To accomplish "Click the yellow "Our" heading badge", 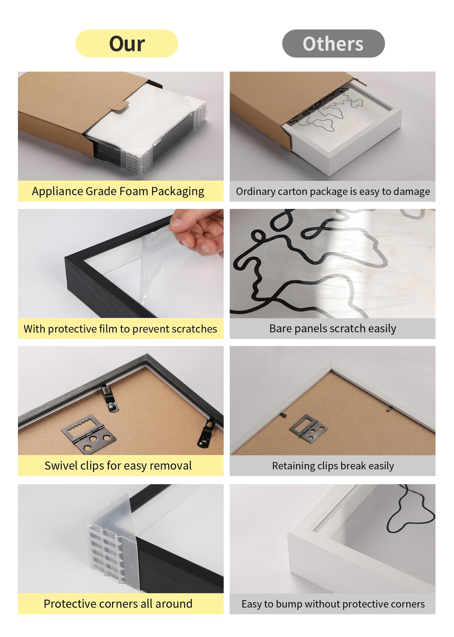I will (x=127, y=43).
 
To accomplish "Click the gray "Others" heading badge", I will (x=333, y=43).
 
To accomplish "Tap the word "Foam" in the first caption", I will (x=133, y=191).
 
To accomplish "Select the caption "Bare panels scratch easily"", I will (x=332, y=329).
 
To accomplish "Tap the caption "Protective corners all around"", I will (x=118, y=604).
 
